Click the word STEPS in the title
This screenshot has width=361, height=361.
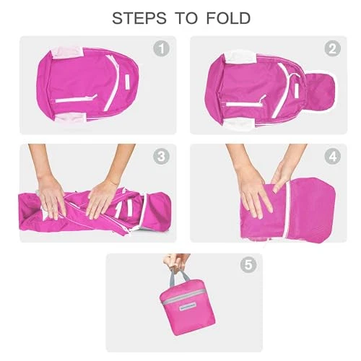coord(139,18)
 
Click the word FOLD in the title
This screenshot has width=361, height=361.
coord(228,18)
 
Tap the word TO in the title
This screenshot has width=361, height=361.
coord(186,18)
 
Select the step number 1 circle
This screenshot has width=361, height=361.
coord(161,48)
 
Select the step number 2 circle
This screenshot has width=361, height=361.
coord(332,48)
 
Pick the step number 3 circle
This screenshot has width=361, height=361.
coord(161,157)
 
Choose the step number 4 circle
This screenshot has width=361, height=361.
coord(332,157)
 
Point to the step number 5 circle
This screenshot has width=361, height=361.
coord(248,265)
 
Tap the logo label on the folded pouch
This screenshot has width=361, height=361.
coord(188,307)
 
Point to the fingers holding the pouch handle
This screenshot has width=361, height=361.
coord(177,261)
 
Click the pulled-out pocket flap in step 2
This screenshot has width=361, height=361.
coord(321,92)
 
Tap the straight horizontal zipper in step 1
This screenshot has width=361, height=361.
coord(77,99)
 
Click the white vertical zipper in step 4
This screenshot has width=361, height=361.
coord(288,209)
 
